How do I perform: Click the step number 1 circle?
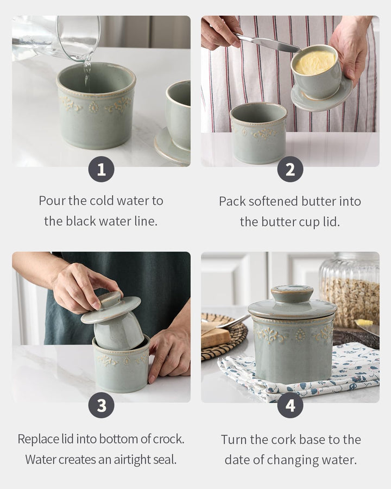tap(101, 170)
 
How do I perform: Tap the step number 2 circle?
tap(291, 170)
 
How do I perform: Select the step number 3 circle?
tap(101, 405)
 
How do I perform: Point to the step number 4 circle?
tap(291, 405)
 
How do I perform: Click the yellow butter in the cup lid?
tap(315, 62)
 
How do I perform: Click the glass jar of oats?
tap(350, 290)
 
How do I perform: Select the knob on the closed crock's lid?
tap(292, 293)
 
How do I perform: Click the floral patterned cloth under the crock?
tap(299, 373)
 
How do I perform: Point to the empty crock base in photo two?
tap(258, 133)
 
